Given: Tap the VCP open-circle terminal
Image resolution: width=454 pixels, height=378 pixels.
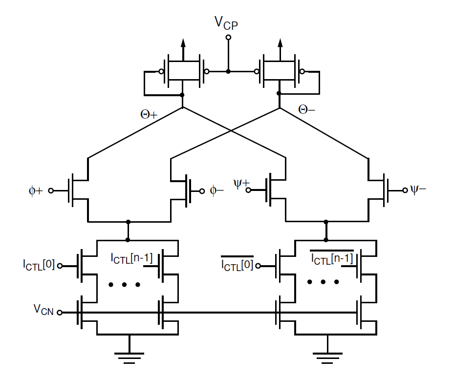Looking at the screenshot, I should click(x=228, y=37).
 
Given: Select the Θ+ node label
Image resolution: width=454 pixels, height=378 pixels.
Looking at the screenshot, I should click(x=149, y=115).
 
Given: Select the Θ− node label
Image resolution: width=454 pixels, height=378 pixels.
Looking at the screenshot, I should click(x=307, y=110).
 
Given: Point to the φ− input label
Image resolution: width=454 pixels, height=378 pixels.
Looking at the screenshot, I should click(x=217, y=190).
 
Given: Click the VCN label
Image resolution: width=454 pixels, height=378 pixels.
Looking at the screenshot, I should click(x=43, y=309).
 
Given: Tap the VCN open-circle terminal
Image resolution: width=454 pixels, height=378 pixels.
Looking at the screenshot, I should click(x=60, y=313).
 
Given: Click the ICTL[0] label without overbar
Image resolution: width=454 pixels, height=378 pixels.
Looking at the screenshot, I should click(x=39, y=266).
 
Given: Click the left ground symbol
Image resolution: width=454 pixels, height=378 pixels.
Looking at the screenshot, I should click(x=129, y=357).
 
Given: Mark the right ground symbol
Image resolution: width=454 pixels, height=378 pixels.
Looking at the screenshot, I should click(x=327, y=357).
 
